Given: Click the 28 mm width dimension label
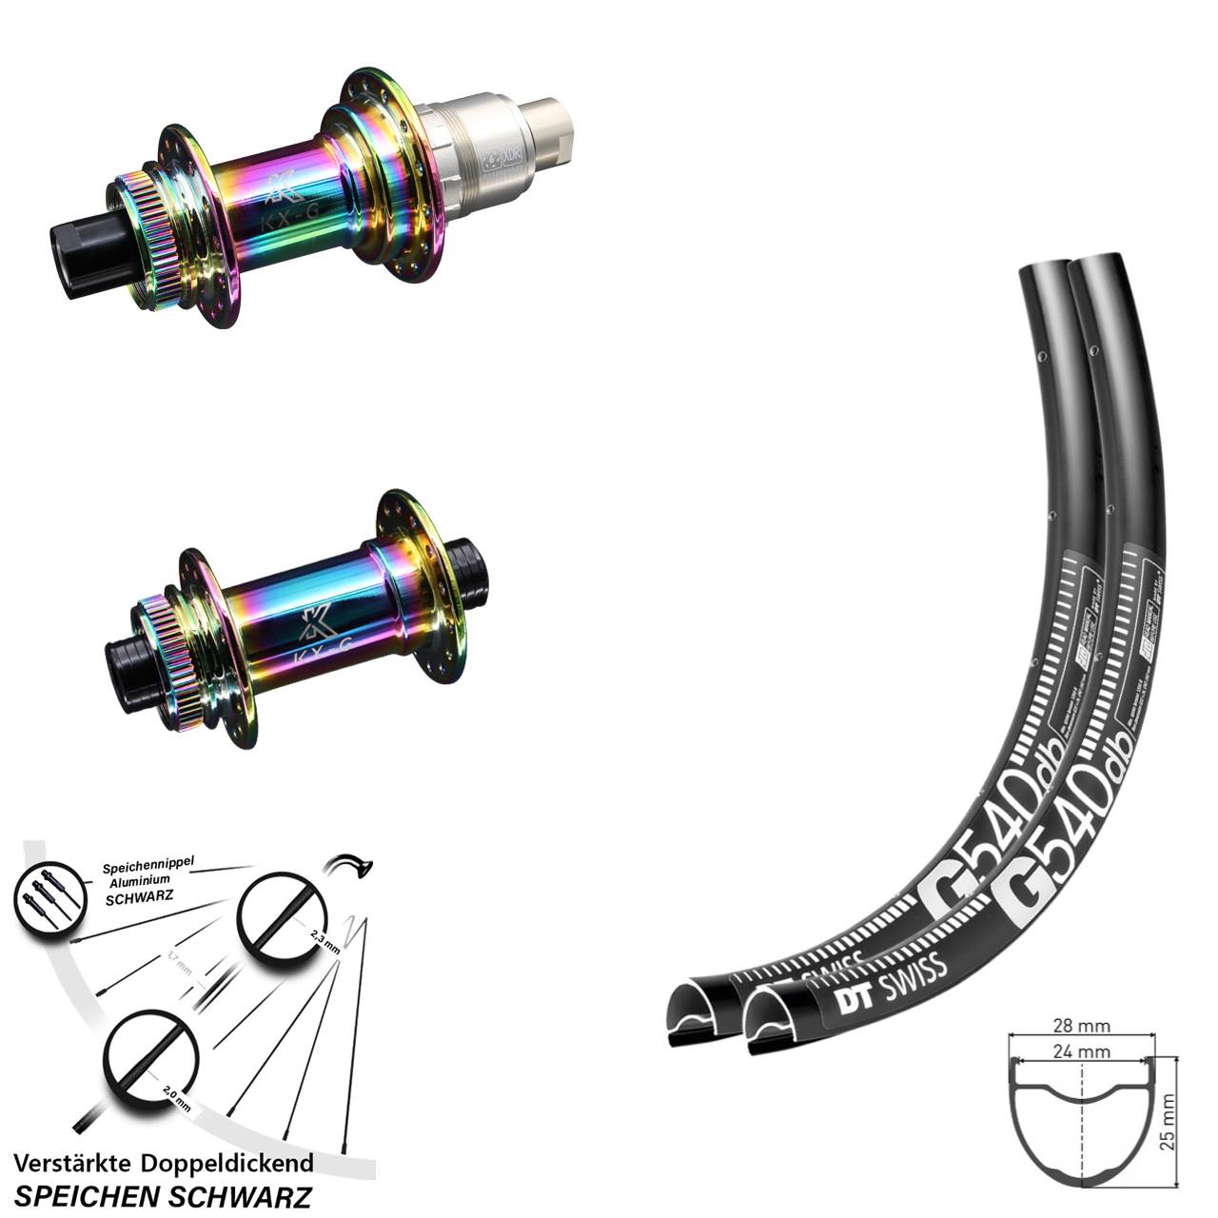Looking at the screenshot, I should coord(1082,1027).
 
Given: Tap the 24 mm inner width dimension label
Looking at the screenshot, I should coord(1082,1051).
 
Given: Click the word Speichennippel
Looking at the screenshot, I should coord(147,866).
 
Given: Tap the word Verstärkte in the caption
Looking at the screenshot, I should coord(72,1163).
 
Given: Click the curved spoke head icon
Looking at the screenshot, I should coord(348,866).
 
